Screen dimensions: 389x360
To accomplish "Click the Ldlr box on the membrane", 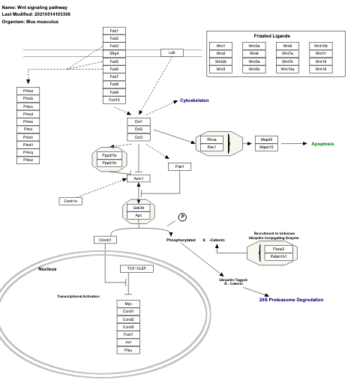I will [172, 53].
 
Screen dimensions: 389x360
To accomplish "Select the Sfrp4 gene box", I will [114, 54].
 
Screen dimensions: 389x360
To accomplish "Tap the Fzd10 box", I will [114, 100].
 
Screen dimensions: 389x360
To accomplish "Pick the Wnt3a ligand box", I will [254, 46].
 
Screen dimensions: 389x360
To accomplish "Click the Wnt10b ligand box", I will [321, 46].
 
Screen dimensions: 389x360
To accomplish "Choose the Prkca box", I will [28, 91].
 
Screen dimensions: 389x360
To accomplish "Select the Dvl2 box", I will [138, 129].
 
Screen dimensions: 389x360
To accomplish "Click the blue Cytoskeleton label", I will [194, 100].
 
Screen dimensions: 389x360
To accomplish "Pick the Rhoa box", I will [212, 139].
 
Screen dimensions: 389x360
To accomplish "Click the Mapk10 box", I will [267, 147].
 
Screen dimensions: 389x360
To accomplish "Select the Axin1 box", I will [138, 178].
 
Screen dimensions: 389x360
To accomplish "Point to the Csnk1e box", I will [70, 200].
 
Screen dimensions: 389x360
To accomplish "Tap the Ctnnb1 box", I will [104, 240].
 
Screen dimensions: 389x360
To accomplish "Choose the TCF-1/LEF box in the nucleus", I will [136, 268].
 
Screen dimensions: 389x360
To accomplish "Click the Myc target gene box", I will [128, 304].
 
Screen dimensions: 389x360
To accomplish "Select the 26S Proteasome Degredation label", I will [292, 299].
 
